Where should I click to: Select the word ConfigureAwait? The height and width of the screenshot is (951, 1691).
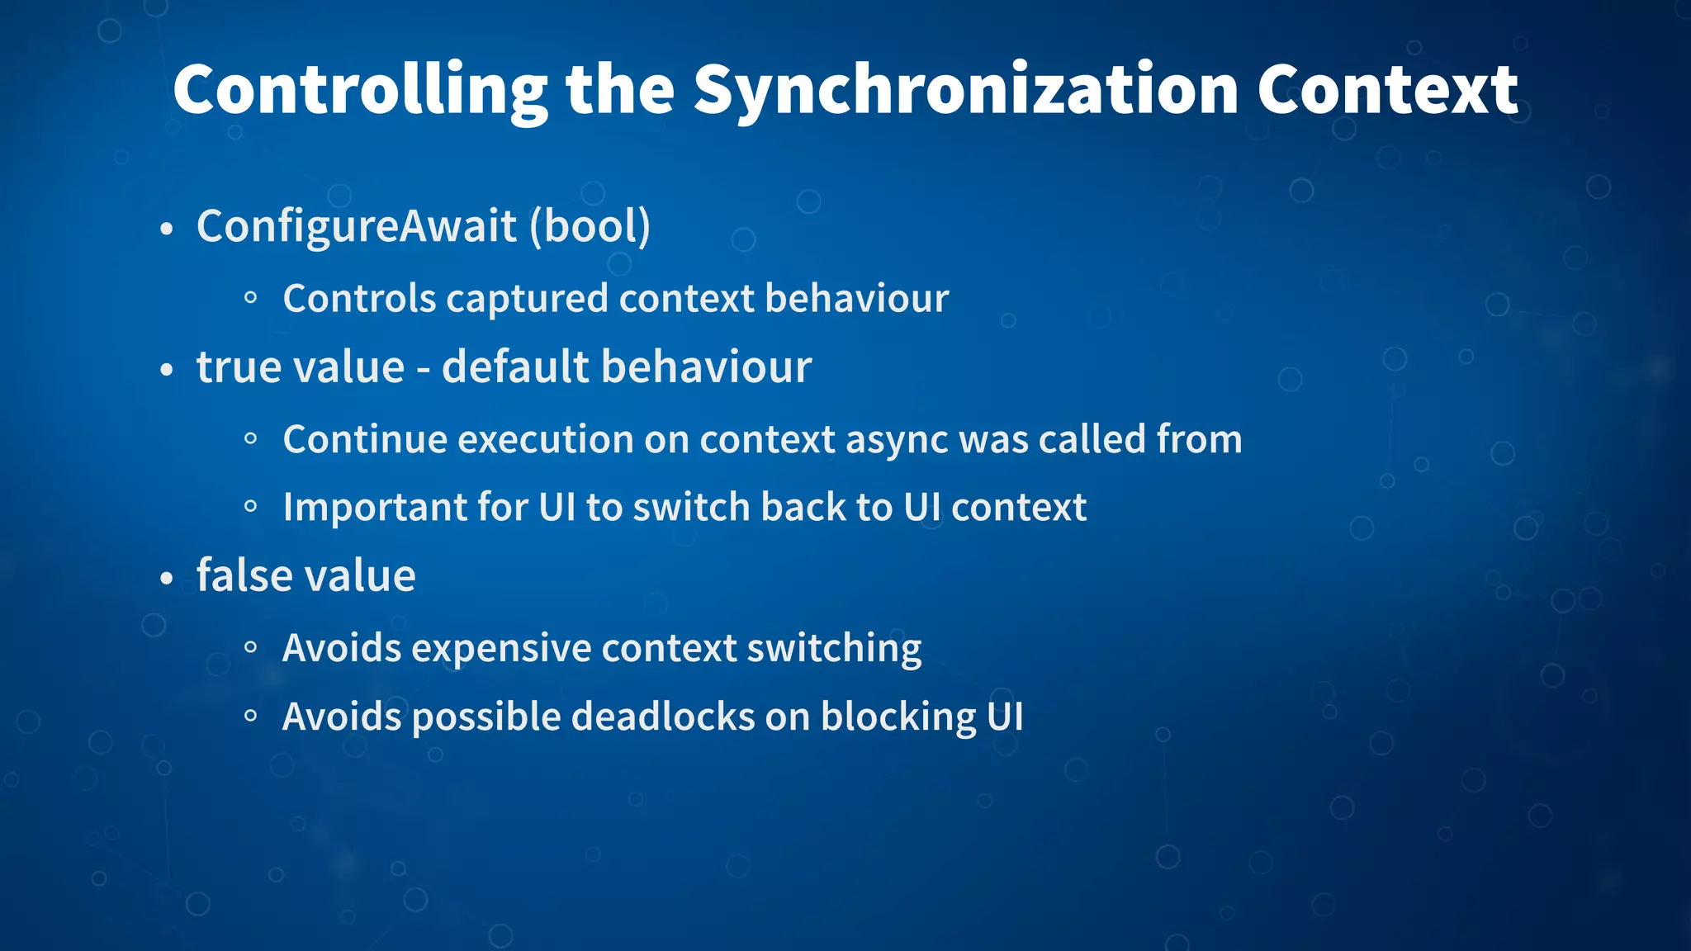tap(357, 227)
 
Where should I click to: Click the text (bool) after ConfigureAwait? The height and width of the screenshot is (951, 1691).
tap(590, 227)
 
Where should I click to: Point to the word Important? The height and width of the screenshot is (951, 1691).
tap(375, 508)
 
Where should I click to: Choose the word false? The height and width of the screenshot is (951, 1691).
tap(238, 575)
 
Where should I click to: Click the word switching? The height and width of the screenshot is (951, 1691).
tap(834, 649)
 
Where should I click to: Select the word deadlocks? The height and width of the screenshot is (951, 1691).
tap(663, 717)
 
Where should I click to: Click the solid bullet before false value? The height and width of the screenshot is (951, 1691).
tap(167, 579)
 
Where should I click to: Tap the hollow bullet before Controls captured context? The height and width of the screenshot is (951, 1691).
tap(251, 298)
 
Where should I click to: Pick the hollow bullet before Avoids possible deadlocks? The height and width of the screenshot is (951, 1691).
tap(251, 716)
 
